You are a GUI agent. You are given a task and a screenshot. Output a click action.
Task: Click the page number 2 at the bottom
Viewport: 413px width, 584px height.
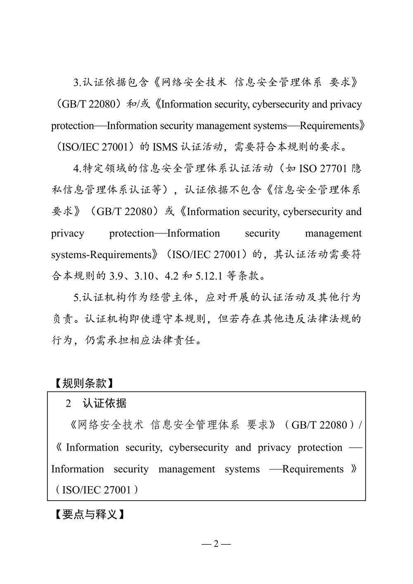[x=216, y=544]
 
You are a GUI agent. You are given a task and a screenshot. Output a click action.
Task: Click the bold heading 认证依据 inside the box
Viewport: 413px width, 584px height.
[x=104, y=404]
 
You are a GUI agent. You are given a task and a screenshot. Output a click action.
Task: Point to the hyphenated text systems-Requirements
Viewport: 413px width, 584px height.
[x=101, y=254]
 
